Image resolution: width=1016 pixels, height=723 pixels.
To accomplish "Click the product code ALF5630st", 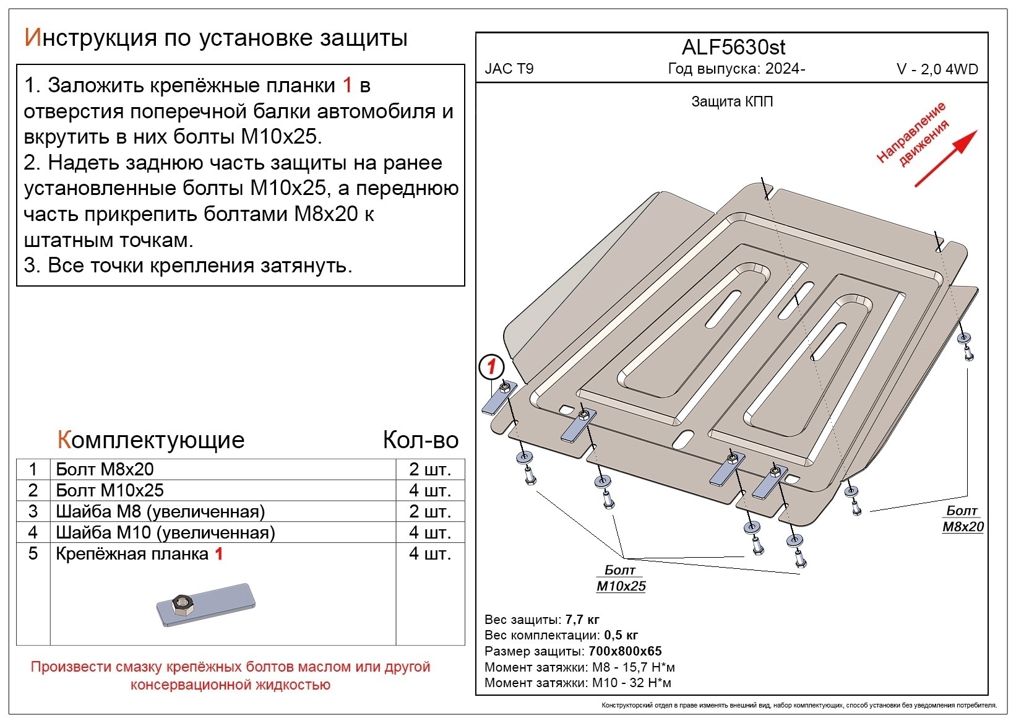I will [733, 47].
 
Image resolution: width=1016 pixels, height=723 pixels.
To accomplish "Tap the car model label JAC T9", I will [509, 69].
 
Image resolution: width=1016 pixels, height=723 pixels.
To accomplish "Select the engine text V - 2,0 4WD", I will [937, 69].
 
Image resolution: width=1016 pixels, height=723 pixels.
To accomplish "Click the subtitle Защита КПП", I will [731, 102].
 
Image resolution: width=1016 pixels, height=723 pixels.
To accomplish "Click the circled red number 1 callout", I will [491, 367].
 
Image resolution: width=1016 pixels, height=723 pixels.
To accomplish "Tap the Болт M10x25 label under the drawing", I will [621, 578].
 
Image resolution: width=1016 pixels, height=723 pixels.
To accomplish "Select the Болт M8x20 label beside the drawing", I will [963, 519].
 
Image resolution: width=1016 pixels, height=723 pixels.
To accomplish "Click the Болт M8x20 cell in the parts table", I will [105, 469].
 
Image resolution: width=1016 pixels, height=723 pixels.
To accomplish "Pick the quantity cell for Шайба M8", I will [429, 511].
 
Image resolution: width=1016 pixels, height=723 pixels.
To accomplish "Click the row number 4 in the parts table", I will [33, 532].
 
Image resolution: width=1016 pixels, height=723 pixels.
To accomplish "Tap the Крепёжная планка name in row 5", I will [132, 553].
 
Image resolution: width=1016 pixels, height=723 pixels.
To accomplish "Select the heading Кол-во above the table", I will [420, 439].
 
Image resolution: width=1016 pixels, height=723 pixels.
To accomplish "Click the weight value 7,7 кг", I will [582, 620].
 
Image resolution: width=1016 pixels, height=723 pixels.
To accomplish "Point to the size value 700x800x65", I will [624, 651].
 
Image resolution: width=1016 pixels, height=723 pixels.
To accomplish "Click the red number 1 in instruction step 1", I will [347, 85].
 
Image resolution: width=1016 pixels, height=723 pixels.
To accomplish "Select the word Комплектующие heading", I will [151, 439].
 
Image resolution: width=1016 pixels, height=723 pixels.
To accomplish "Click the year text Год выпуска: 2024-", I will [736, 69].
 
